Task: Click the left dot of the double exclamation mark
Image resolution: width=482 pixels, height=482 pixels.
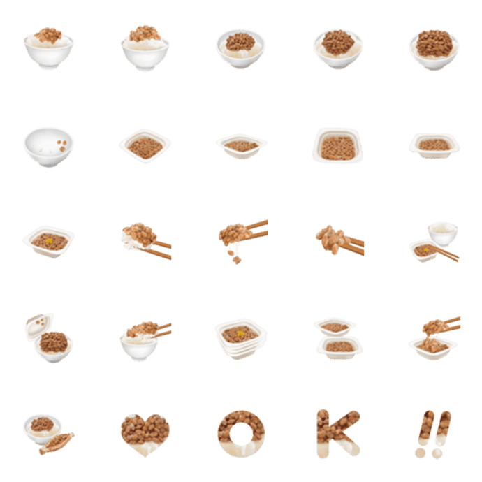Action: click(420, 453)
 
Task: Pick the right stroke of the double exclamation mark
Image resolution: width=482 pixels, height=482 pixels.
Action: click(443, 428)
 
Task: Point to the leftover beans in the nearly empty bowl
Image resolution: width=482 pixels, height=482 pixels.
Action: click(62, 145)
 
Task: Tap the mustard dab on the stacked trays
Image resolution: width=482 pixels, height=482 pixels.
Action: click(241, 333)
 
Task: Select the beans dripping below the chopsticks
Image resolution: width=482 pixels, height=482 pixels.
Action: click(234, 257)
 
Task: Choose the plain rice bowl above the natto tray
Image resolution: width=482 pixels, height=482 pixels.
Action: click(443, 233)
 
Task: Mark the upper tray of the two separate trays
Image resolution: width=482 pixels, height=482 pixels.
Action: click(335, 327)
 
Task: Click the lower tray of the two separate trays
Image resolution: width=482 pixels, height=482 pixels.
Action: click(339, 348)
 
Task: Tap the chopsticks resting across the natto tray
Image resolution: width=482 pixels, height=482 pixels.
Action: click(443, 253)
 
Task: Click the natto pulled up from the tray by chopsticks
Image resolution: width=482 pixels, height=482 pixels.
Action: click(434, 326)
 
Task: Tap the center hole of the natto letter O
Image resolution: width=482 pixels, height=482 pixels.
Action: click(241, 433)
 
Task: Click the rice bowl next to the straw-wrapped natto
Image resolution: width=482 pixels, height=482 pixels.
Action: click(43, 429)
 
